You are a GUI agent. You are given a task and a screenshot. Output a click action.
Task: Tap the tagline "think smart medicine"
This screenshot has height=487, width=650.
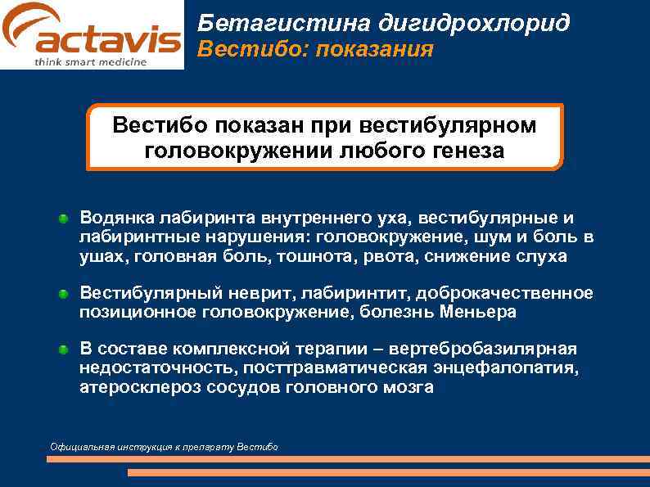pos(91,62)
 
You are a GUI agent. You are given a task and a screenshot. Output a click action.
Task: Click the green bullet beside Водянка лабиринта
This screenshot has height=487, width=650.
pos(63,219)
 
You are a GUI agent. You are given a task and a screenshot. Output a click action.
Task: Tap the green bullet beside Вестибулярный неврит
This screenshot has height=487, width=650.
pos(63,294)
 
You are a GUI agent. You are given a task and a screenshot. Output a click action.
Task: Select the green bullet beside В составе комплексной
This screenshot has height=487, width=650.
pos(63,350)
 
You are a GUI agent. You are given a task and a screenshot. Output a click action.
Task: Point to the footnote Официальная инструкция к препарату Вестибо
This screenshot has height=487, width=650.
pos(164,447)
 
